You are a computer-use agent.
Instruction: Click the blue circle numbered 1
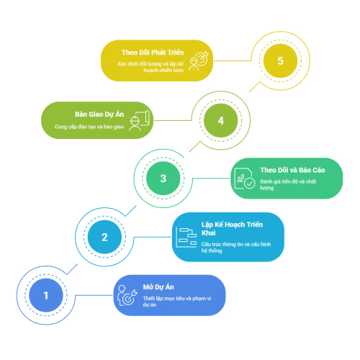tap(46, 295)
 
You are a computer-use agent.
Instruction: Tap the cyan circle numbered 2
tap(104, 237)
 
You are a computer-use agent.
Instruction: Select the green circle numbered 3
tap(163, 179)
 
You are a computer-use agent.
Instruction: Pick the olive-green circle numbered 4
tap(221, 120)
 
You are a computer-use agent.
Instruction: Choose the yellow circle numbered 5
tap(280, 60)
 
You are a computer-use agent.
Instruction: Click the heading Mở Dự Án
tap(158, 287)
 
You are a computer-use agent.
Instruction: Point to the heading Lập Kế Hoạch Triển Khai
tap(232, 229)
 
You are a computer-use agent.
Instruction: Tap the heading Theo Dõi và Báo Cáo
tap(292, 170)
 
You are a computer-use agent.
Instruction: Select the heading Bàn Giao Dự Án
tap(99, 114)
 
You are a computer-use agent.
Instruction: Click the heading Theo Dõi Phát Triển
tap(153, 53)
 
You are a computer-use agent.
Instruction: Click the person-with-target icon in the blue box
tap(127, 295)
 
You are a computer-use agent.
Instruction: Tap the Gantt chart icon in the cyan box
tap(186, 237)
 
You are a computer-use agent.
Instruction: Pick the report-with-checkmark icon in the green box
tap(245, 179)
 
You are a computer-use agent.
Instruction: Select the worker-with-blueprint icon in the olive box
tap(140, 120)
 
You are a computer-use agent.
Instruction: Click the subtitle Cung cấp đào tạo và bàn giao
tap(89, 127)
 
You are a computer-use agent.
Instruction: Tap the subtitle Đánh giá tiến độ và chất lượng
tap(288, 184)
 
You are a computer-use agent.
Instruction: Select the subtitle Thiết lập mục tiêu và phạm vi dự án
tap(177, 302)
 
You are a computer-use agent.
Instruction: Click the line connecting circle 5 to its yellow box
tap(233, 60)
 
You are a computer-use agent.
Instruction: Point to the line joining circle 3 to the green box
tap(211, 179)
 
